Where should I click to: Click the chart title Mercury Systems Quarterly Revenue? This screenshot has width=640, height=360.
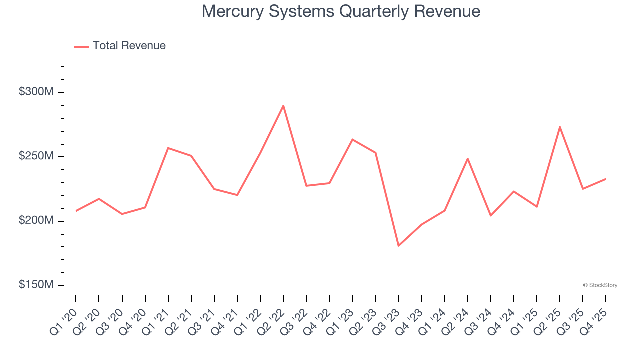(x=341, y=11)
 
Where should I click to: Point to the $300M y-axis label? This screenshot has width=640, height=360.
(x=36, y=92)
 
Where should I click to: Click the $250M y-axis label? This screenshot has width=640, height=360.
(x=36, y=156)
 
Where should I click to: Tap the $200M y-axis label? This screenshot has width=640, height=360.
(x=36, y=221)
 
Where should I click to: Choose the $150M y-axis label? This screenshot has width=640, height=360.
(x=36, y=285)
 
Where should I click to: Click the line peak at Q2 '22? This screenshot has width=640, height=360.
(x=283, y=105)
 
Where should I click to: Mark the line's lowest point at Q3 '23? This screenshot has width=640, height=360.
(x=398, y=246)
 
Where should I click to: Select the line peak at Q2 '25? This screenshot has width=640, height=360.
(x=560, y=127)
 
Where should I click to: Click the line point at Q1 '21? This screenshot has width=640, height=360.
(x=168, y=148)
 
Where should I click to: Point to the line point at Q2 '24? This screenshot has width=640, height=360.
(x=468, y=159)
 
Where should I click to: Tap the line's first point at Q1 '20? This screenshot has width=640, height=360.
(x=76, y=211)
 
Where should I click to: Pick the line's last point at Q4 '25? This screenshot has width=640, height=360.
(x=606, y=179)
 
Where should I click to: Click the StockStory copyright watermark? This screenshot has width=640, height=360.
(x=600, y=285)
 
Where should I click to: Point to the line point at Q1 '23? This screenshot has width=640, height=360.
(x=352, y=139)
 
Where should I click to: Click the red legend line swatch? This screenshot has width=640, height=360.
(x=81, y=46)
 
